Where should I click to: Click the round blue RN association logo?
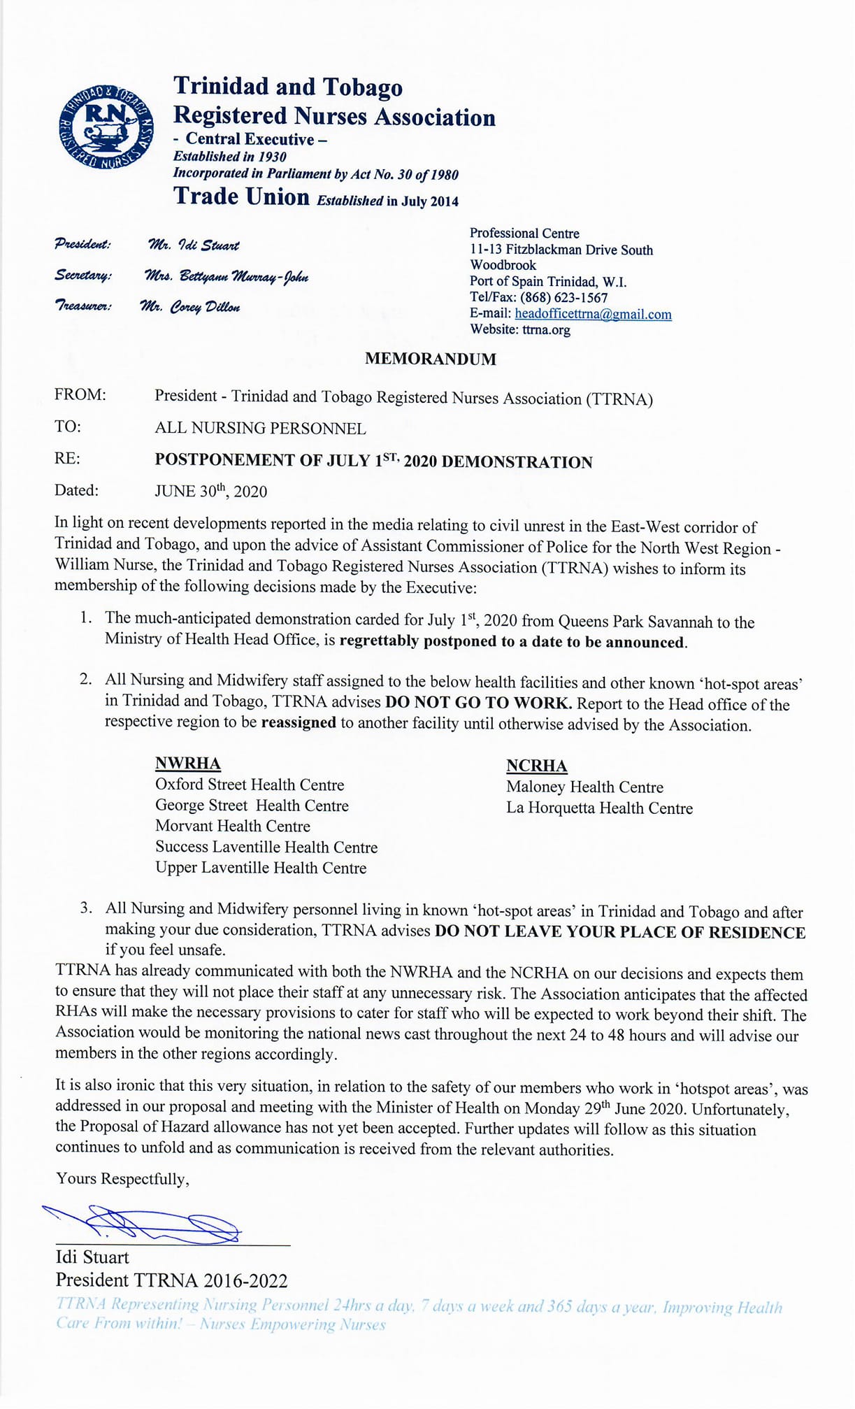(x=106, y=126)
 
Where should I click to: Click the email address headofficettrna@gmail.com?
(x=593, y=314)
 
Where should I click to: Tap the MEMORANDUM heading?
(x=430, y=359)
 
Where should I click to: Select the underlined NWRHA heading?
(x=187, y=763)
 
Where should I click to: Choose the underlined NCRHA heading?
(x=536, y=766)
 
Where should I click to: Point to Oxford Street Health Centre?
(x=250, y=785)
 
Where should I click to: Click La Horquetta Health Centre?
(x=599, y=808)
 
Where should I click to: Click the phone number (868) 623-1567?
(x=563, y=297)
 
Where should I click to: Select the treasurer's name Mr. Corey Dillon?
(x=190, y=307)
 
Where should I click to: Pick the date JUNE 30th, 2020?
(x=210, y=491)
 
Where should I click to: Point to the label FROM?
(x=80, y=395)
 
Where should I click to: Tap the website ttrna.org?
(x=546, y=329)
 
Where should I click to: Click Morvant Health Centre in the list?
(x=232, y=827)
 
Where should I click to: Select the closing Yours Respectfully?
(x=122, y=1179)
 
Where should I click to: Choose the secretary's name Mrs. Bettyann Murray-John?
(x=226, y=276)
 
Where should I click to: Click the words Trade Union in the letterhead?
(x=241, y=196)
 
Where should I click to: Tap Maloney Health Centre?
(x=584, y=787)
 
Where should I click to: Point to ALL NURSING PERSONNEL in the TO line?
(x=260, y=428)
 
